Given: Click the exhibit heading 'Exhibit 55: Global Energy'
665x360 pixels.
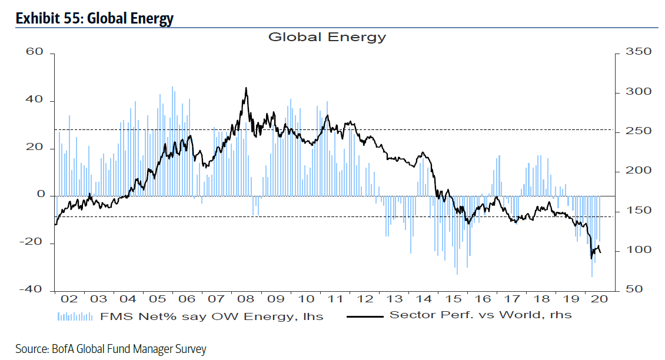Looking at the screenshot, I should click(x=95, y=18).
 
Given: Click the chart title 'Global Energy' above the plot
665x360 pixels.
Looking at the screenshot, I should click(x=327, y=37).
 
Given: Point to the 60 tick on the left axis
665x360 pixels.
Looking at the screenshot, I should click(x=35, y=52).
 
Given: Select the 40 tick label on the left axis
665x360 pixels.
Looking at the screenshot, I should click(x=35, y=100).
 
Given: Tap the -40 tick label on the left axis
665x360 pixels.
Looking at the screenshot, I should click(x=31, y=289).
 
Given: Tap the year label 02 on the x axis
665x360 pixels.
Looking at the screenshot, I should click(x=69, y=299).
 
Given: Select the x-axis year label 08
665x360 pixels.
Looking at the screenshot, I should click(x=245, y=299).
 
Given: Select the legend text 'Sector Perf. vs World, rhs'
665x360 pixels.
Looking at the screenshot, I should click(x=481, y=315).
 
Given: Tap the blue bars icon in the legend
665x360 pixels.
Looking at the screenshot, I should click(x=75, y=316).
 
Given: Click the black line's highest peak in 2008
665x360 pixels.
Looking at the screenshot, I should click(x=246, y=88).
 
